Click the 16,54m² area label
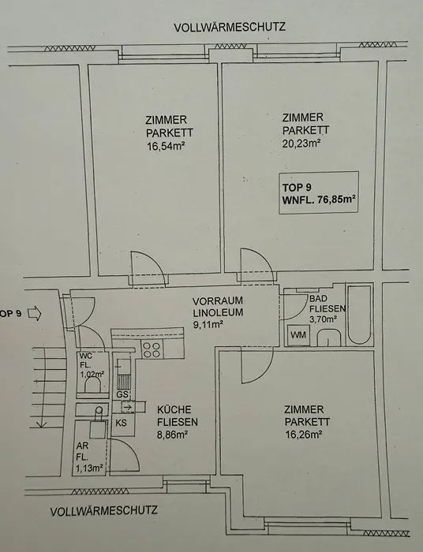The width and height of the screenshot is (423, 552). point(166,146)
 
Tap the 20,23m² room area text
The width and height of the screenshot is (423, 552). point(301,144)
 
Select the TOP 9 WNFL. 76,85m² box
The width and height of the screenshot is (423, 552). point(319,193)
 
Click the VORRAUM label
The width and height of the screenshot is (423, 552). point(218,301)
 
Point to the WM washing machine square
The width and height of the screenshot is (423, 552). point(298,335)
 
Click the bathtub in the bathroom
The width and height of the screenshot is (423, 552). point(359,315)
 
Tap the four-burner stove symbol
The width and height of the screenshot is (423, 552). point(152,349)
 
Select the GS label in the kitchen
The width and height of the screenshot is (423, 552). point(122,394)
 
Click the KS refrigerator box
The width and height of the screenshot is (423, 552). point(122,423)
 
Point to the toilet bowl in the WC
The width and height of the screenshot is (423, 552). point(93,386)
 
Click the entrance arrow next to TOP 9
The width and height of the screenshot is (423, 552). point(34,313)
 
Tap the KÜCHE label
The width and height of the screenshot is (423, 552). point(174,410)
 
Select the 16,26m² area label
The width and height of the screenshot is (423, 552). point(304,435)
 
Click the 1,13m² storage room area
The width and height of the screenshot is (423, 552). point(89,468)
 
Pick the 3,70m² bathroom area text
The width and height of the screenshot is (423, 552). point(323,319)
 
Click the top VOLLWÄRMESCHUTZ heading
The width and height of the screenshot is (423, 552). point(230,27)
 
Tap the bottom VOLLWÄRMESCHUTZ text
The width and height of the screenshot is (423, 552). point(104,511)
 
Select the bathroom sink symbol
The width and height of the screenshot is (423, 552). point(329,338)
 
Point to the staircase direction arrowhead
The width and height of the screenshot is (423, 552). point(42,424)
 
